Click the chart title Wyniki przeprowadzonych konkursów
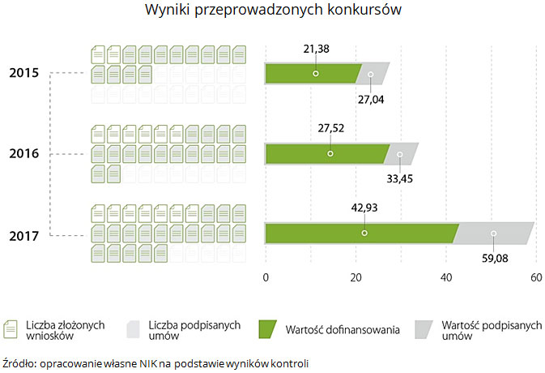(272, 11)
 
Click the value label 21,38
(316, 49)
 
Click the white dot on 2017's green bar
(364, 234)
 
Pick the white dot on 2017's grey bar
(494, 234)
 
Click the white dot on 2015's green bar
(316, 73)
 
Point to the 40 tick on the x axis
(445, 277)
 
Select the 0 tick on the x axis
(266, 277)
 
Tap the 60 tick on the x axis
(534, 277)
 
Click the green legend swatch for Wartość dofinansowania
(268, 328)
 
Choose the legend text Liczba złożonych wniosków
(65, 329)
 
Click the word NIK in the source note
(149, 362)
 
